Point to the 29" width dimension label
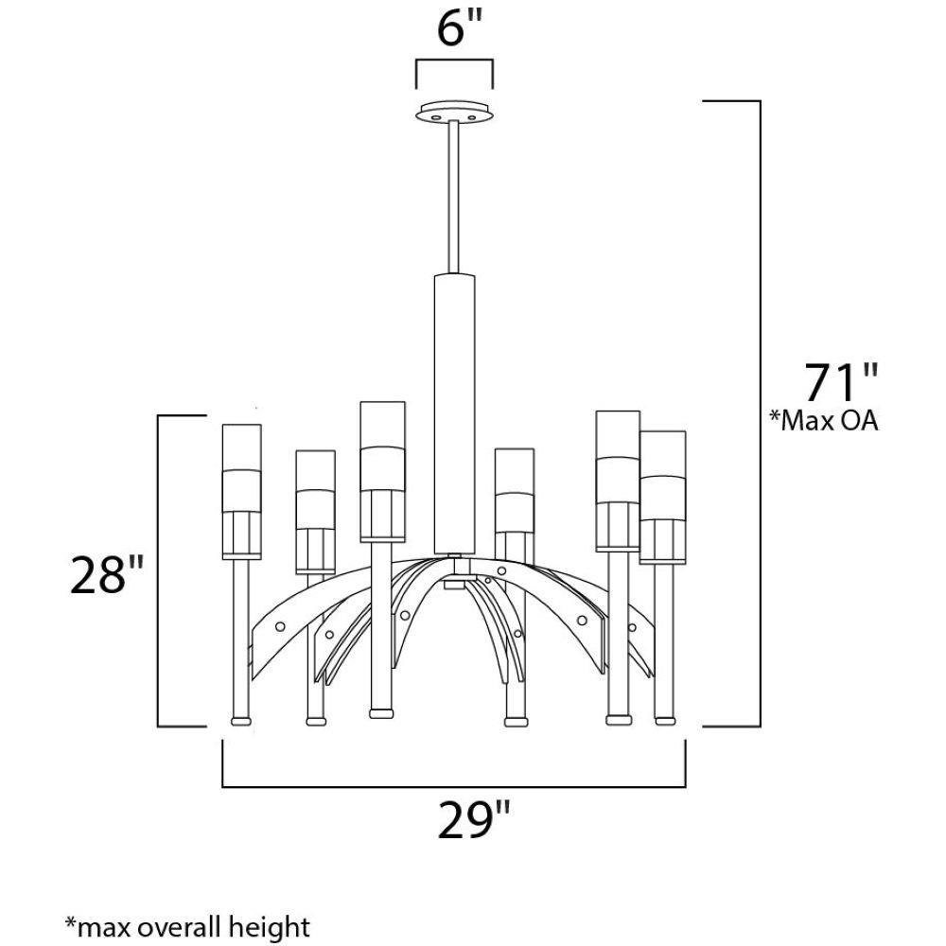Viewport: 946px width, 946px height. (475, 819)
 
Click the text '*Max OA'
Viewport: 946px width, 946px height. (824, 421)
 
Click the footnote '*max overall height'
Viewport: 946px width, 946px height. (186, 924)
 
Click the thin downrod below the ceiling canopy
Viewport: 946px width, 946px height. (454, 199)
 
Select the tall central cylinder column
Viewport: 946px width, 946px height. (454, 412)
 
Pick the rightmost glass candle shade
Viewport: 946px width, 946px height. (662, 497)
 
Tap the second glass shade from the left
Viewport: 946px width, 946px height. (315, 511)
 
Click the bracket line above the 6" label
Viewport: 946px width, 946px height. (453, 63)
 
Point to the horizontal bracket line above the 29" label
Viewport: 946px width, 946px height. (454, 786)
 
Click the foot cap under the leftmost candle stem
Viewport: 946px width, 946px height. (240, 721)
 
